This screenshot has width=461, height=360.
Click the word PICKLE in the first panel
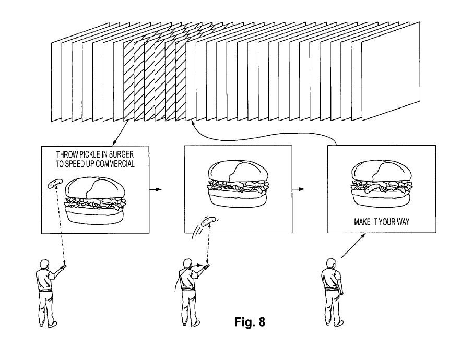click(x=89, y=154)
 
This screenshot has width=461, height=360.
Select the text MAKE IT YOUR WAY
click(x=381, y=222)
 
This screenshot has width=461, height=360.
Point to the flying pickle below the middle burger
click(x=207, y=223)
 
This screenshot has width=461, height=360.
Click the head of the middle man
click(x=187, y=263)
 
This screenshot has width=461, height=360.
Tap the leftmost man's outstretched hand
click(x=63, y=267)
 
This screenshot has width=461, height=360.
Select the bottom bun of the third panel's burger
click(x=381, y=199)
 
